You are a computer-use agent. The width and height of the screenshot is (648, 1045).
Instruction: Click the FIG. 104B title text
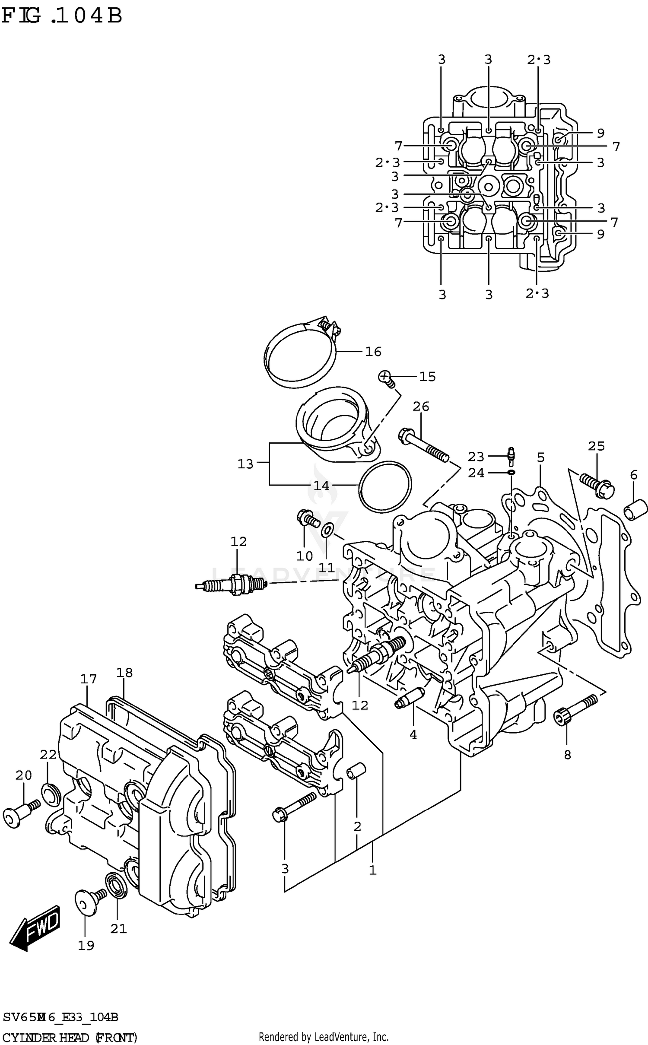(61, 16)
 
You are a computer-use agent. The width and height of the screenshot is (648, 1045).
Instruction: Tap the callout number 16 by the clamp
(373, 352)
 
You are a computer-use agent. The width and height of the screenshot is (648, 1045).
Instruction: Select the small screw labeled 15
(386, 378)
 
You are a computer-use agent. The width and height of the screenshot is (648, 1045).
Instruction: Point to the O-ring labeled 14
(384, 487)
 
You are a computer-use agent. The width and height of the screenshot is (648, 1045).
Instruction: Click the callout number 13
(245, 464)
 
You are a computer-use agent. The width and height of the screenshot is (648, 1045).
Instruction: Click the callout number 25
(596, 446)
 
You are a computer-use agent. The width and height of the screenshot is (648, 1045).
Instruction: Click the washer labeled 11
(327, 529)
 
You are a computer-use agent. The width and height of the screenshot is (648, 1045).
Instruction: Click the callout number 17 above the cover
(88, 679)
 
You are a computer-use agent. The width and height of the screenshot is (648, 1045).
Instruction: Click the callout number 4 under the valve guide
(413, 735)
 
